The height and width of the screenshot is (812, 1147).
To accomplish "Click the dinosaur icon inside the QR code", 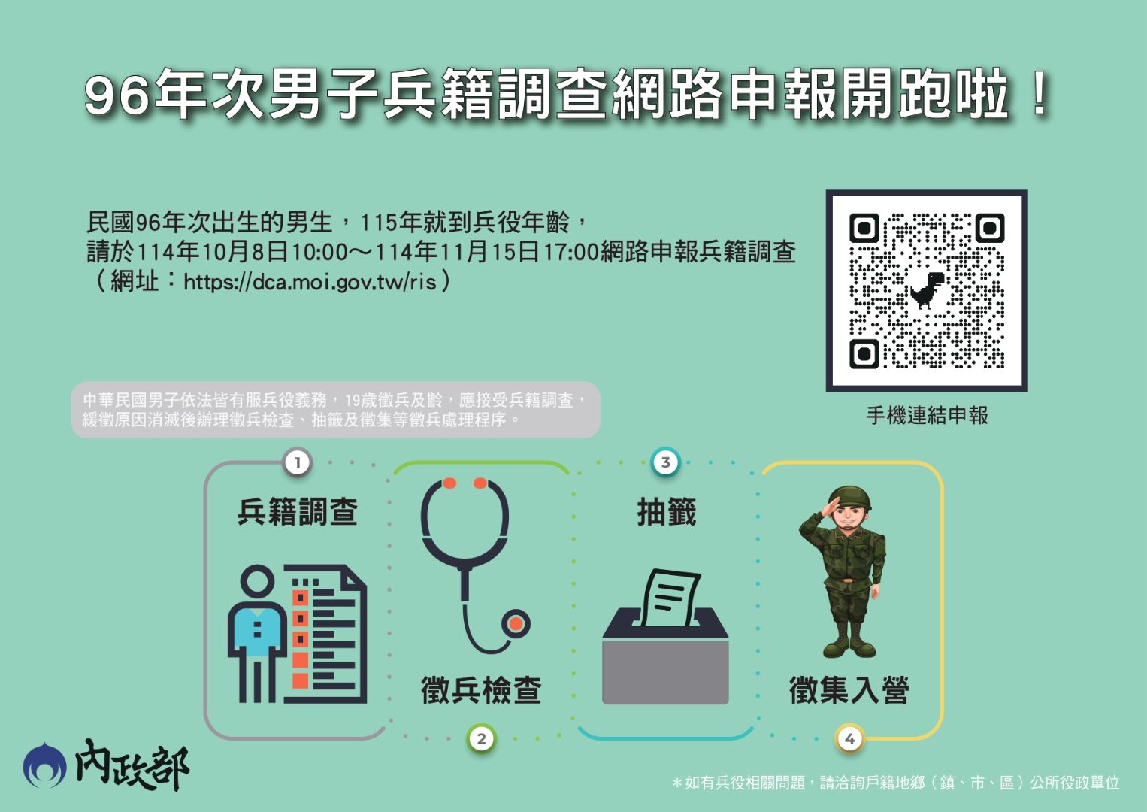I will [x=928, y=290].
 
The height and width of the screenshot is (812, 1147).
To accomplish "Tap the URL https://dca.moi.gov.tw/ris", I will [x=310, y=282].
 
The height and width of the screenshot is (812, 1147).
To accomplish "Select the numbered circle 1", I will [x=298, y=462].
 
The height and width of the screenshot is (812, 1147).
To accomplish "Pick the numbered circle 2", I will [x=482, y=738].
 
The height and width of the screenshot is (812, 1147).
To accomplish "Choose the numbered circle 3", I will [x=665, y=462].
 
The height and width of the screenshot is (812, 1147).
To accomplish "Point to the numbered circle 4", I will [x=849, y=738].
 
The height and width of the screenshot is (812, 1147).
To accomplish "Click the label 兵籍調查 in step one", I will [x=298, y=512].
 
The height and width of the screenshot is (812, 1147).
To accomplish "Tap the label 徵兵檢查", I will [x=481, y=689].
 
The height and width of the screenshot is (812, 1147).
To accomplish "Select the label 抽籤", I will [x=666, y=512].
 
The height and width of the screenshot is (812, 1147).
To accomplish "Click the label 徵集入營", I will [x=849, y=689].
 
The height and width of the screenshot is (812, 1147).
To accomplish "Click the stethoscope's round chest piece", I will [x=515, y=623].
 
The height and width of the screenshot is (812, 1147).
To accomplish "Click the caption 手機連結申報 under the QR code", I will [x=927, y=415].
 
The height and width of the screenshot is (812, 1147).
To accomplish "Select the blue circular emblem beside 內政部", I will [x=44, y=766].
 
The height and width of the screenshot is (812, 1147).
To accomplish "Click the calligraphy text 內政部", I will [x=132, y=766].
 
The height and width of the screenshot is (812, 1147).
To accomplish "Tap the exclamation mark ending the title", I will [x=1040, y=95].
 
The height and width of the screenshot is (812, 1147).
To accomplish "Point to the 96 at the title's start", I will [x=117, y=96].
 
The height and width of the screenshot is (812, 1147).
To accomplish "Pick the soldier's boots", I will [x=849, y=647].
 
